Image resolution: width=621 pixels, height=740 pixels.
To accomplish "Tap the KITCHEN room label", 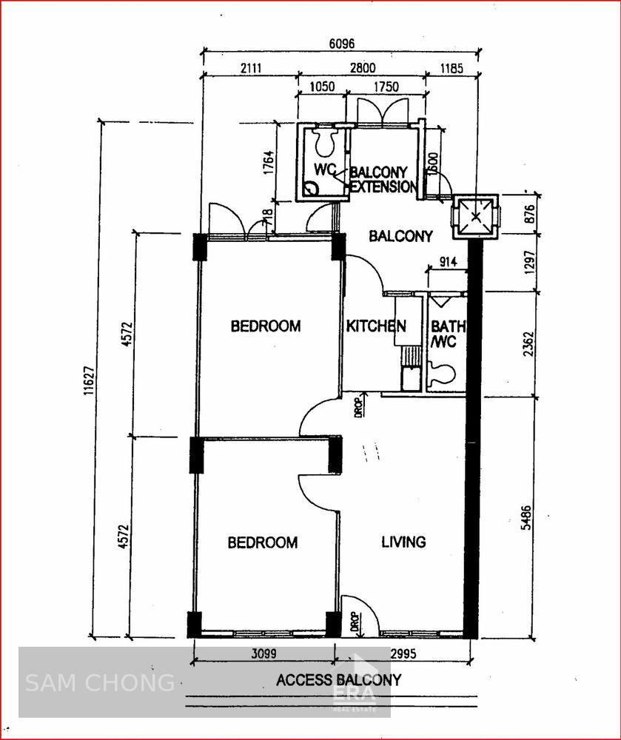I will [x=376, y=326].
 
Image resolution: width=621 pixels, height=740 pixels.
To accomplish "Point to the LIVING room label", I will [x=403, y=542].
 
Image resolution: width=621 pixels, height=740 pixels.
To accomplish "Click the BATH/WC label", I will [x=446, y=333].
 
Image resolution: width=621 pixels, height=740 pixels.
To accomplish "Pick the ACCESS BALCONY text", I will [x=339, y=680].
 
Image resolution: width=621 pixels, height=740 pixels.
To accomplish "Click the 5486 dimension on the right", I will [x=526, y=517].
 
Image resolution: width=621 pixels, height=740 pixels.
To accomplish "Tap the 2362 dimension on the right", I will [x=528, y=343].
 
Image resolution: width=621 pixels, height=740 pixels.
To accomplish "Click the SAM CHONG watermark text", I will [x=100, y=682].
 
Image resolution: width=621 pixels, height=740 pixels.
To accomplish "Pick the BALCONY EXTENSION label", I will [x=383, y=180].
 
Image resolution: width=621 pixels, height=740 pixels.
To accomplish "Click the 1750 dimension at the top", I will [x=386, y=87].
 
